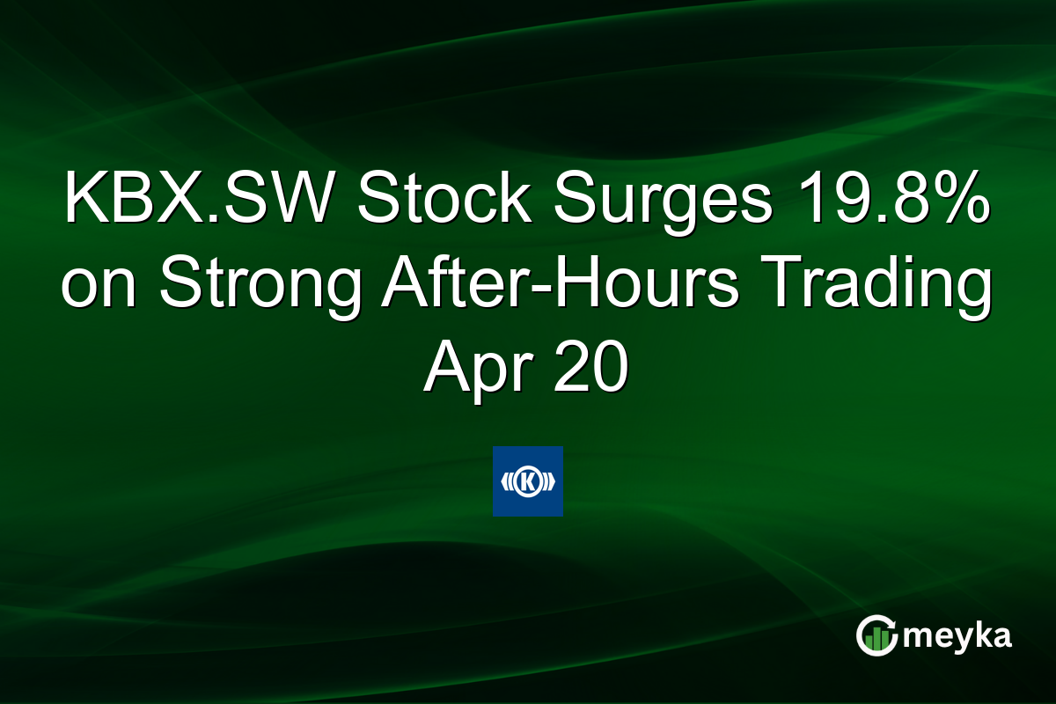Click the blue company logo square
(x=527, y=481)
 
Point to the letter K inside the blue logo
(x=528, y=481)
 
